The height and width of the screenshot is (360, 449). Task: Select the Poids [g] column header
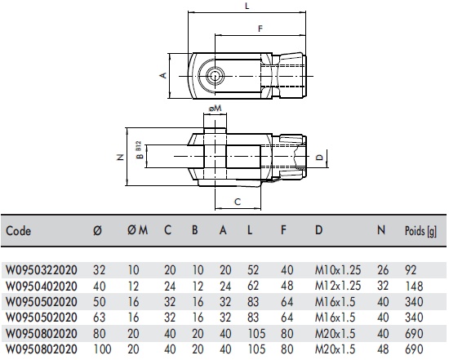[421, 231]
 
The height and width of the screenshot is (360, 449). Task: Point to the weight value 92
[411, 266]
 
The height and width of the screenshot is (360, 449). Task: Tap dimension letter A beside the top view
[163, 75]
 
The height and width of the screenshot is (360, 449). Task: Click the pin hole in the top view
[214, 75]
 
